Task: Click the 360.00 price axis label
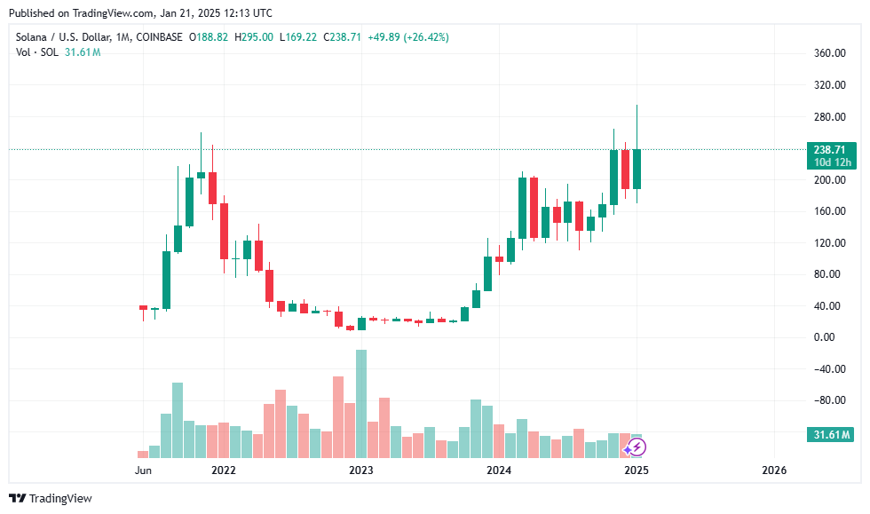tap(829, 54)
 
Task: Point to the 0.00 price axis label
tap(826, 337)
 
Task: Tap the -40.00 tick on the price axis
tap(827, 369)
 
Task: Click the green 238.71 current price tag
tap(830, 149)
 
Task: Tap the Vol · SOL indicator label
tap(38, 52)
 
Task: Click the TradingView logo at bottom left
tap(51, 498)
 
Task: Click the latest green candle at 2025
tap(637, 169)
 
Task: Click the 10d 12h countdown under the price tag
tap(830, 162)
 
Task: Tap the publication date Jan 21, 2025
tap(168, 13)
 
